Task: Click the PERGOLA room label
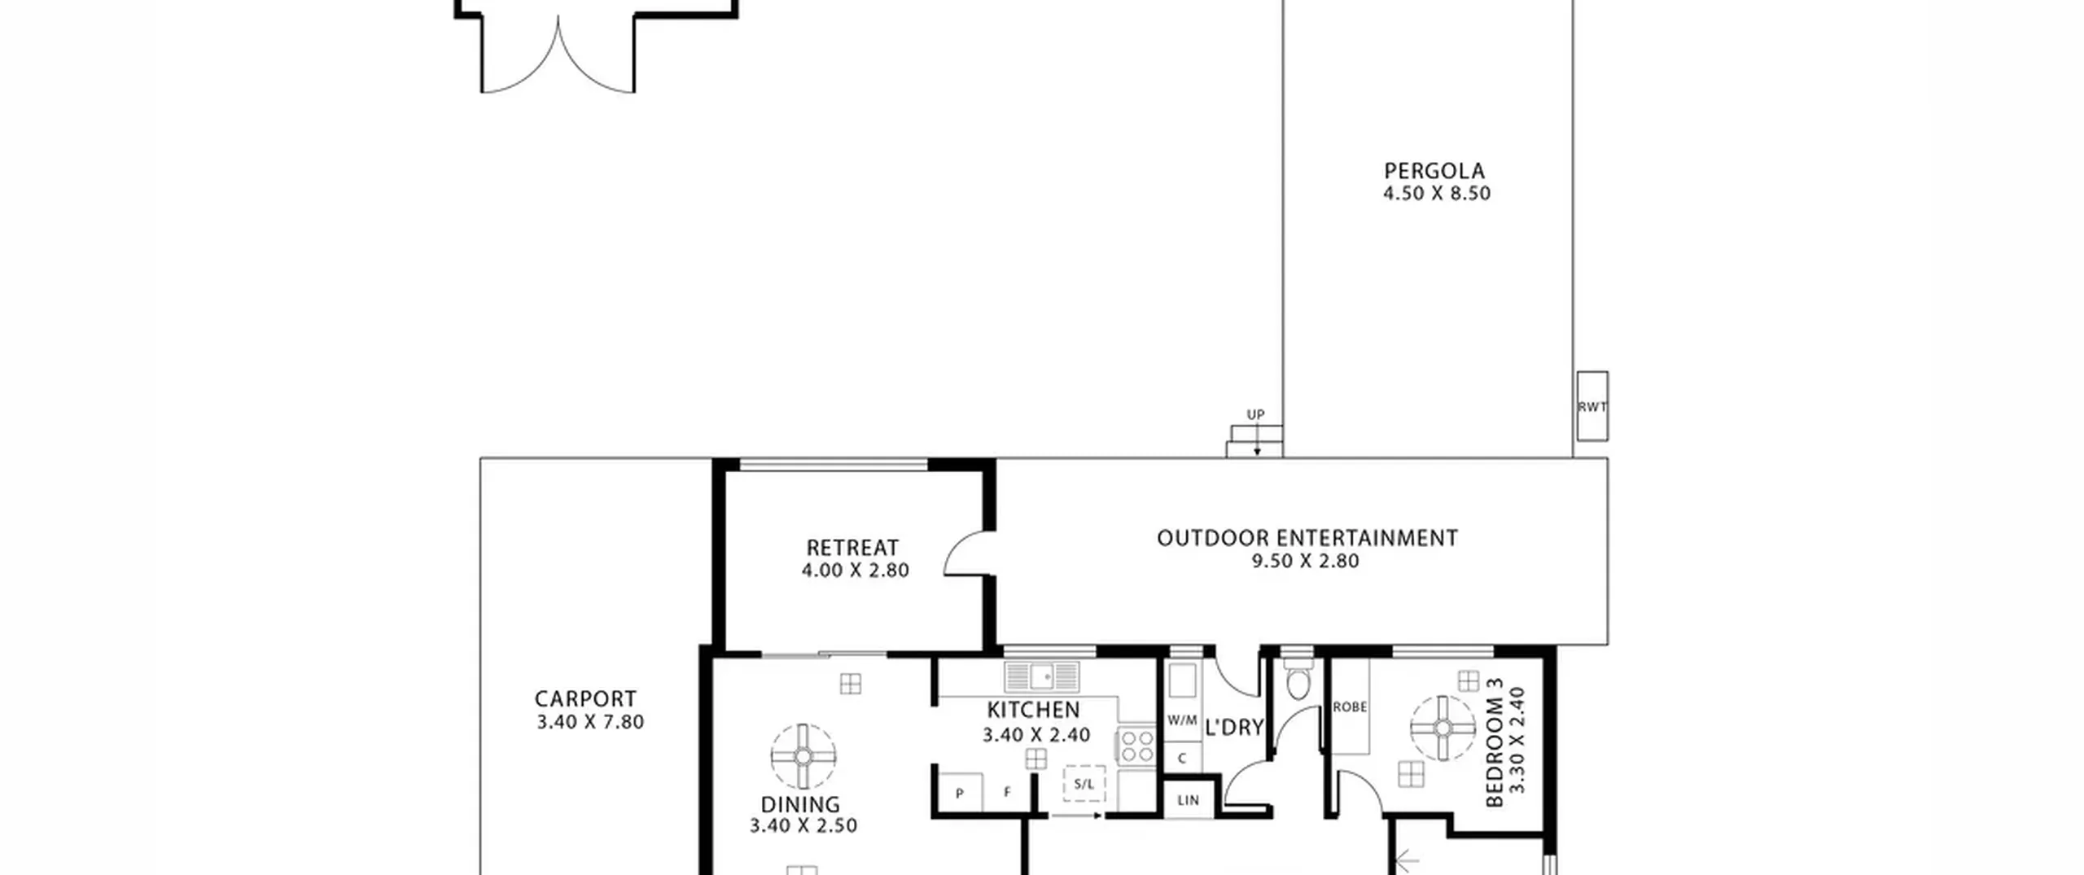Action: [x=1434, y=171]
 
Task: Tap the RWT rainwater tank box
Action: [x=1592, y=406]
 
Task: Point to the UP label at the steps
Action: [x=1256, y=414]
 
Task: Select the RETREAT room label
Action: [x=852, y=547]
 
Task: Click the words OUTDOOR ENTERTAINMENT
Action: [x=1307, y=538]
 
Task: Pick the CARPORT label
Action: [x=585, y=698]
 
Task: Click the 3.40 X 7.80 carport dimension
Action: [x=590, y=722]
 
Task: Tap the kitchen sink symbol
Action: [x=1042, y=676]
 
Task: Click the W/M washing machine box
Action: [x=1182, y=720]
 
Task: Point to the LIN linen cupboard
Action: [x=1188, y=800]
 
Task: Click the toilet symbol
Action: [x=1298, y=680]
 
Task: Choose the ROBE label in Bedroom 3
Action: [x=1350, y=707]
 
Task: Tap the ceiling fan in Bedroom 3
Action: [x=1443, y=728]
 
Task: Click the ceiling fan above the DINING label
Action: [x=803, y=757]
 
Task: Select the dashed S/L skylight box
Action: [x=1084, y=784]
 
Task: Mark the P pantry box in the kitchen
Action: [x=961, y=793]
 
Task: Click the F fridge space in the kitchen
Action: [x=1008, y=793]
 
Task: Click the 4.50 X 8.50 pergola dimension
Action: [x=1437, y=194]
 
